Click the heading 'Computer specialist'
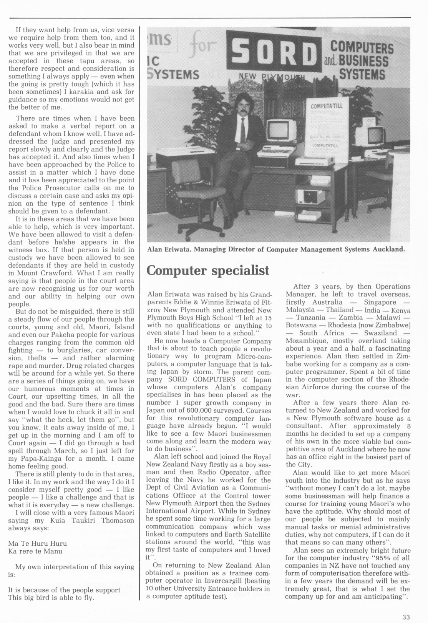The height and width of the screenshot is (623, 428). pos(208,270)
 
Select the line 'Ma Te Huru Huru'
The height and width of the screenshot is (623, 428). pos(37,543)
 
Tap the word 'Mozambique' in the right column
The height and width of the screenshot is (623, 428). pos(305,341)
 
